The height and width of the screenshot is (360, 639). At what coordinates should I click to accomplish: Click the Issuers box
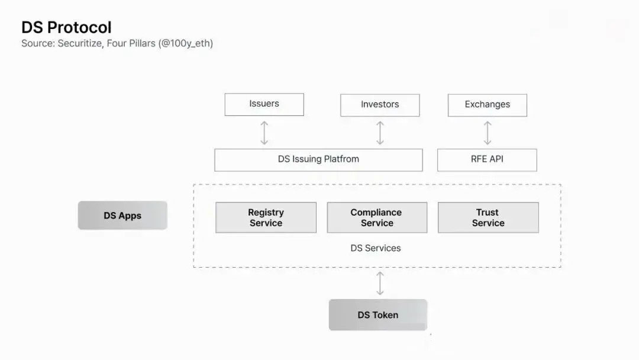[x=264, y=104]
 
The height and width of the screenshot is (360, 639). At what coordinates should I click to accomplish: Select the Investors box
[x=380, y=105]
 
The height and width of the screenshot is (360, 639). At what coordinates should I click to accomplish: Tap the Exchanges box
[x=488, y=105]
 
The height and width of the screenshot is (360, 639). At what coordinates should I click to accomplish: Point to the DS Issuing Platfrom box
[x=319, y=160]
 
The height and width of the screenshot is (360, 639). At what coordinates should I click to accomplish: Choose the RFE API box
[x=487, y=160]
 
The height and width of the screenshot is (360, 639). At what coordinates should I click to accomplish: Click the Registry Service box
[x=266, y=218]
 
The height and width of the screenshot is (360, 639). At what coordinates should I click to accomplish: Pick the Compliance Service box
[x=377, y=218]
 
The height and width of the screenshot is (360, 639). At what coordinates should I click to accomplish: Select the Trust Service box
[x=488, y=218]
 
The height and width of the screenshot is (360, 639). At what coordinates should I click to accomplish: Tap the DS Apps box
[x=122, y=216]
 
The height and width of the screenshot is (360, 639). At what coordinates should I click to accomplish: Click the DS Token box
[x=378, y=315]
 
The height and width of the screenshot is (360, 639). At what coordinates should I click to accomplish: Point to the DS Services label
[x=376, y=248]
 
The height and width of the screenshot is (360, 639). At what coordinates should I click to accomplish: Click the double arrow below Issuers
[x=264, y=133]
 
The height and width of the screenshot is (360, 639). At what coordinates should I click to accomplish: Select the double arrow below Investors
[x=380, y=133]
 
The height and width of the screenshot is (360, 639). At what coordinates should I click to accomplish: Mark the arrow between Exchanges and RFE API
[x=488, y=133]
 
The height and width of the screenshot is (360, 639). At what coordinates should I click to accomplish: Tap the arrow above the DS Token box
[x=380, y=284]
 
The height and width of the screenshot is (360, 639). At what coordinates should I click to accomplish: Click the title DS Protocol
[x=66, y=27]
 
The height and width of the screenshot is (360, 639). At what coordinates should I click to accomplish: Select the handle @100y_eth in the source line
[x=186, y=44]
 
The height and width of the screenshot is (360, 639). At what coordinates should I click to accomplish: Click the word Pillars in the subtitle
[x=142, y=43]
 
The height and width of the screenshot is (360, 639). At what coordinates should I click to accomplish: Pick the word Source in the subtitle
[x=38, y=43]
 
